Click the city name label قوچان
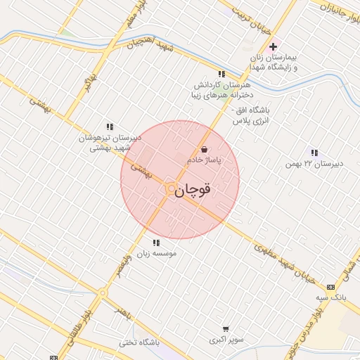(x=193, y=191)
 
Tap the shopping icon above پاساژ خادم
(x=204, y=149)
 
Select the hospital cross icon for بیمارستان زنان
(x=273, y=46)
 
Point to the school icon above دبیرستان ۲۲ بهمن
(x=314, y=153)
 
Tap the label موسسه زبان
(x=156, y=253)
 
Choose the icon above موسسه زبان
(x=156, y=243)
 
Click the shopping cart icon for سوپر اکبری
(x=225, y=328)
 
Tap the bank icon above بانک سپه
(x=331, y=287)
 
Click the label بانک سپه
(x=332, y=298)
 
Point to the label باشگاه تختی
(x=139, y=342)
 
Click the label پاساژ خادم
(x=204, y=160)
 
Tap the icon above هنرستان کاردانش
(x=221, y=73)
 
